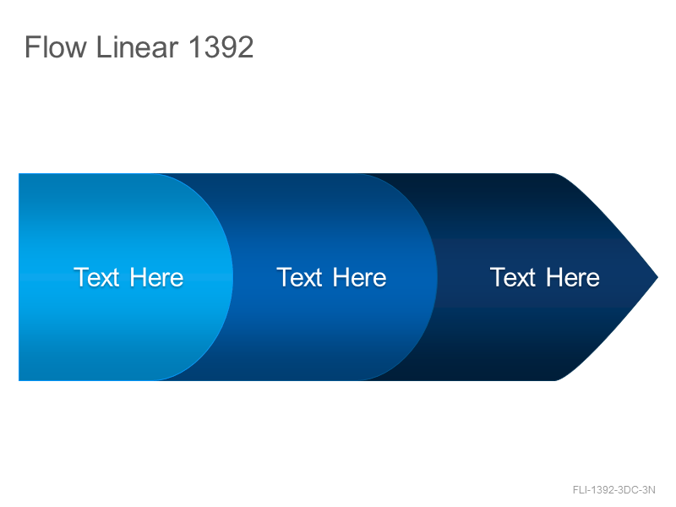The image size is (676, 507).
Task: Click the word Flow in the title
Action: (x=56, y=47)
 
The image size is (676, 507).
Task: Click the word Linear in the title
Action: (x=137, y=47)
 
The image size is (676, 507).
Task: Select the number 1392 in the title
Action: (x=221, y=47)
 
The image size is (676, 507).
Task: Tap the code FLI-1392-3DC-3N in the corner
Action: (x=614, y=490)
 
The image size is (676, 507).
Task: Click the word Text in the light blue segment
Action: (x=96, y=277)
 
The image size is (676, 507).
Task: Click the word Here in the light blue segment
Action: (x=156, y=277)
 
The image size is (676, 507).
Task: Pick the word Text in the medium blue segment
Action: (x=299, y=277)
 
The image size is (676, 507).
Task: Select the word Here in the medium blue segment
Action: (x=360, y=277)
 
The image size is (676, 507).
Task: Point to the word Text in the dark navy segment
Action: (x=513, y=277)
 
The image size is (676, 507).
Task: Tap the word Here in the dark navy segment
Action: (x=573, y=277)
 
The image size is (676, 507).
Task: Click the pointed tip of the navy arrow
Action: (x=658, y=277)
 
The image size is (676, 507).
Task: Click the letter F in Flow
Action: (x=32, y=47)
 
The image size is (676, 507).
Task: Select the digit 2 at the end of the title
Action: (x=245, y=47)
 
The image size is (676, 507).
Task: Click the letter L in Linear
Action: (x=103, y=47)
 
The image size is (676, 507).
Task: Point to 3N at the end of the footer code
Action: (x=649, y=490)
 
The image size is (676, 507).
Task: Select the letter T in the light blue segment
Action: (x=81, y=277)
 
